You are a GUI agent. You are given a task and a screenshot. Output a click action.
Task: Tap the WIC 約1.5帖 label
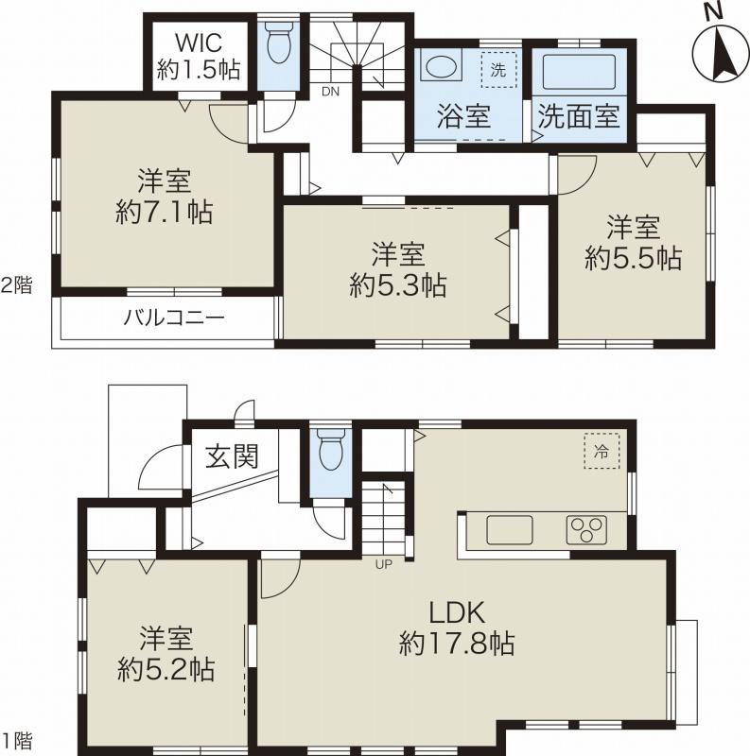click(x=199, y=55)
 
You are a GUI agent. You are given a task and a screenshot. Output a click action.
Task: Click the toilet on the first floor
click(x=331, y=451)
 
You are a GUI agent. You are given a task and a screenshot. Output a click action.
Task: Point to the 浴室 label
click(x=462, y=118)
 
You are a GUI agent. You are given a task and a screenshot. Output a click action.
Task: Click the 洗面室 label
click(x=578, y=118)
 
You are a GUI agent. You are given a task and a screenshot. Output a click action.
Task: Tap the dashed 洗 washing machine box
click(x=498, y=68)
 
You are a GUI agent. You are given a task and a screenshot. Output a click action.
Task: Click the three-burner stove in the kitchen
click(x=586, y=529)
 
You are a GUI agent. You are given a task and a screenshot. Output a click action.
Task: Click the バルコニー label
click(x=174, y=317)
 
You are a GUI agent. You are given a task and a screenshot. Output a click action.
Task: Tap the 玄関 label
click(x=232, y=457)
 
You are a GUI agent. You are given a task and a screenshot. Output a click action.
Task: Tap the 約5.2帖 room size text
click(x=166, y=670)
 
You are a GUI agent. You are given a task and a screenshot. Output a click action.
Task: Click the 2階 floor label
click(x=16, y=284)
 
